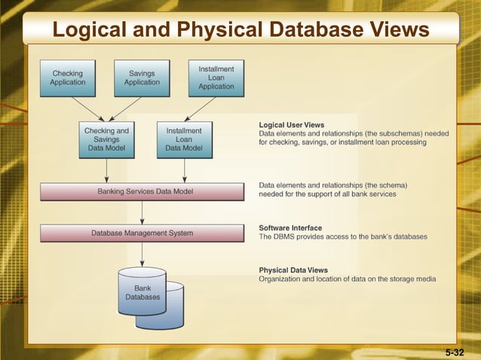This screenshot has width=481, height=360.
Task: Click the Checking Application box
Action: click(68, 78)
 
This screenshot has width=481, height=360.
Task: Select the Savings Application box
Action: click(142, 78)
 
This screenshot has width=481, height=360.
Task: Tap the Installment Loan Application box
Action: click(216, 78)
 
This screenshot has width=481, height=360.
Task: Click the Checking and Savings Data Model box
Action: click(106, 139)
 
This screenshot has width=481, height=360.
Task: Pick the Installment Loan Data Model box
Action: click(184, 139)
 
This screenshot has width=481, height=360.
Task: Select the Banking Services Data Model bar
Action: click(142, 191)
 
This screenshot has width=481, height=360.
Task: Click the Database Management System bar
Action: click(142, 233)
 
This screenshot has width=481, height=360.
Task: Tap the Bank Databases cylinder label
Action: click(142, 292)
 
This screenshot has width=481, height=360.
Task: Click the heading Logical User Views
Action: click(291, 124)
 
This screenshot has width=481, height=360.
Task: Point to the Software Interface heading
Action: click(290, 227)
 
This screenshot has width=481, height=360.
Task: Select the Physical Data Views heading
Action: click(293, 270)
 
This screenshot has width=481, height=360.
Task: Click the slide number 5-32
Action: click(455, 352)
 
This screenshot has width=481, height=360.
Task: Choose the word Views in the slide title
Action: click(400, 29)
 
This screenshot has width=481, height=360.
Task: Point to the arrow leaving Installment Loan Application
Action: click(200, 109)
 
